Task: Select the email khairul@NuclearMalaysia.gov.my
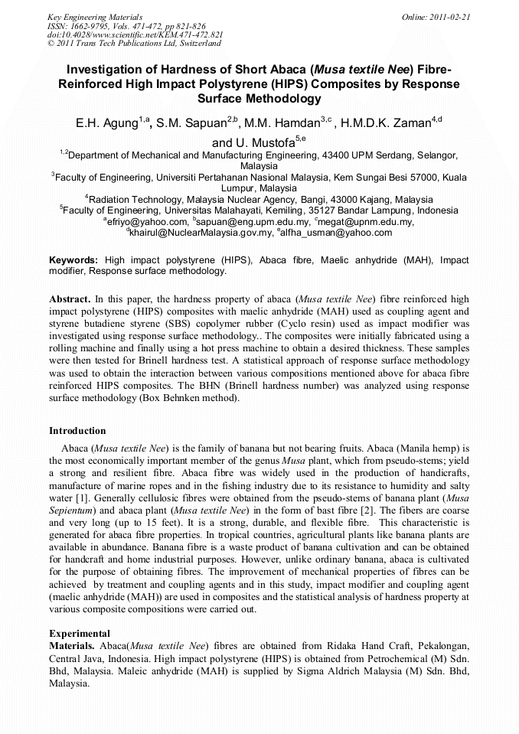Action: (x=200, y=233)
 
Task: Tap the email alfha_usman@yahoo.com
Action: (x=335, y=233)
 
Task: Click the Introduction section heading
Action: (x=77, y=431)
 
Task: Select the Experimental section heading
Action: (x=79, y=634)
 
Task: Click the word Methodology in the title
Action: (x=259, y=99)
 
